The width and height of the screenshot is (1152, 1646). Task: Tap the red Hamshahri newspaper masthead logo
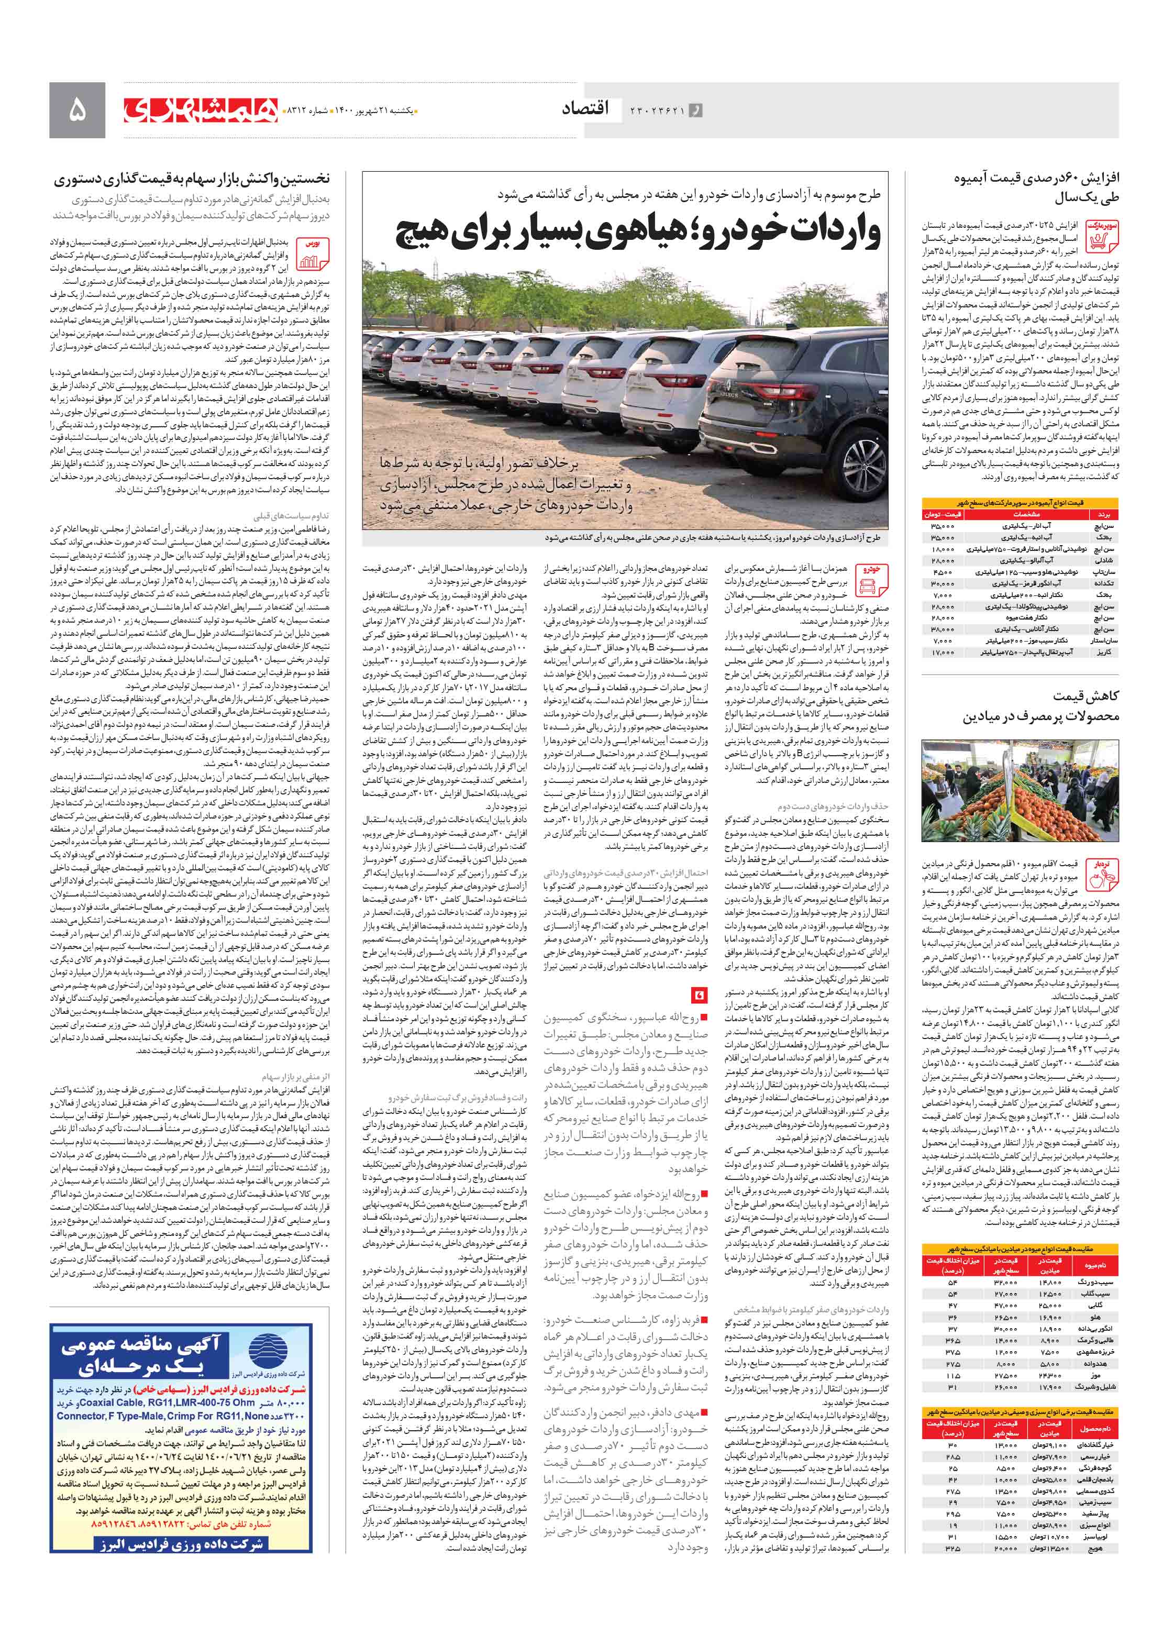pyautogui.click(x=200, y=109)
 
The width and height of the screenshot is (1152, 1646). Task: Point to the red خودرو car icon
pyautogui.click(x=870, y=579)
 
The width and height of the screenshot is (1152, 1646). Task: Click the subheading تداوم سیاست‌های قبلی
pyautogui.click(x=290, y=515)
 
